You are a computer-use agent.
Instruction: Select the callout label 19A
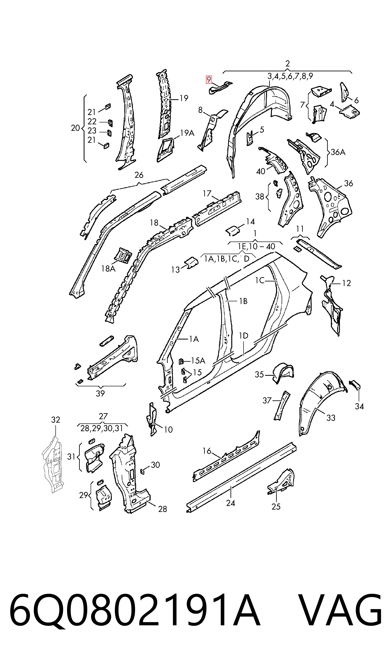pos(187,133)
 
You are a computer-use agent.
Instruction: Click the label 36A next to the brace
pos(338,152)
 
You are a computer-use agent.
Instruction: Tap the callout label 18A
pos(108,269)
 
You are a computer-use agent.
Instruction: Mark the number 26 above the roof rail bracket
pos(139,175)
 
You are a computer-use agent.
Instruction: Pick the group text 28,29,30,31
pos(102,428)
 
